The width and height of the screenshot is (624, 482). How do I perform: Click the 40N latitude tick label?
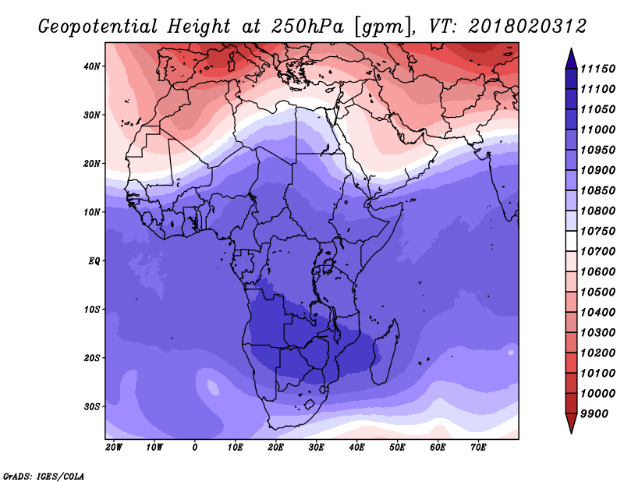coord(91,66)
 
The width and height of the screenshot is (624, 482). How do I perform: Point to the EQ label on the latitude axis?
coord(94,261)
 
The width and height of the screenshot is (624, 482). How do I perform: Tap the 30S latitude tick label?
coord(91,407)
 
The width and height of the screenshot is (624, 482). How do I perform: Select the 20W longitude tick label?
coord(114,448)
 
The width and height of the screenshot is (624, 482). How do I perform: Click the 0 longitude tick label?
coord(194,448)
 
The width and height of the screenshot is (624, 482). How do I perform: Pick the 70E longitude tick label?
coord(478,448)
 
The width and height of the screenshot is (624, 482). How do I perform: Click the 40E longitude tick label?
coord(357,448)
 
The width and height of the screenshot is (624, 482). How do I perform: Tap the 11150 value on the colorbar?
coord(597,69)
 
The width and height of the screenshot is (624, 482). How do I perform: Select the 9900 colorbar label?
coord(594,414)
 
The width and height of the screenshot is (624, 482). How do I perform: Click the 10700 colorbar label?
coord(597,252)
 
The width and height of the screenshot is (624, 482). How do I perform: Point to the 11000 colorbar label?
coord(597,129)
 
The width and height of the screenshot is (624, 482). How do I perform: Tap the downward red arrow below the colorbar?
coord(571,424)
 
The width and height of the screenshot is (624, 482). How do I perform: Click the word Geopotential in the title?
coord(98,27)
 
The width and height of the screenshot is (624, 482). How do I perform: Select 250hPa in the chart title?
coord(307,27)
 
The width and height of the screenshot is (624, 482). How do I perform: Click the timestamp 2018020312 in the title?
coord(527,27)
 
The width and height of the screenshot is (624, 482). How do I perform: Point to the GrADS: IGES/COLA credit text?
coord(44,476)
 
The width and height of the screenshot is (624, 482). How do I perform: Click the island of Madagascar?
coord(385,352)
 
